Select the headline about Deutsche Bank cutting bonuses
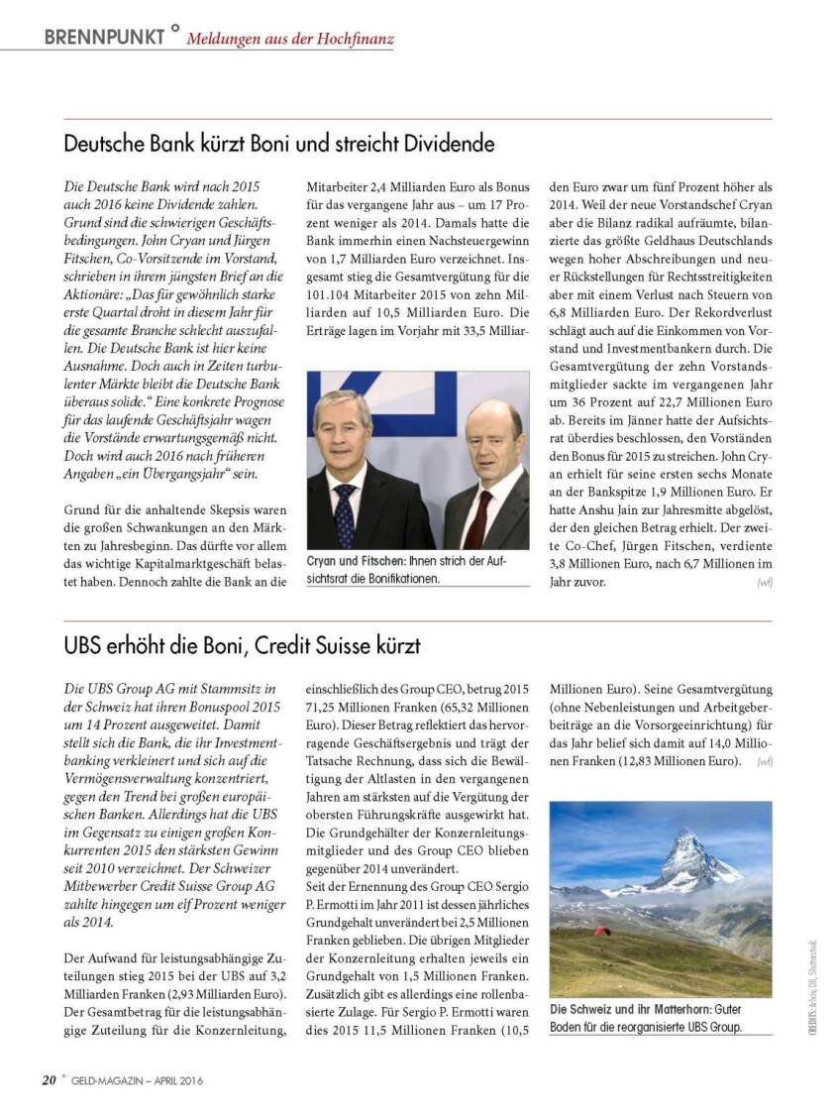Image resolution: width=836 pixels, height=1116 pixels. point(278,144)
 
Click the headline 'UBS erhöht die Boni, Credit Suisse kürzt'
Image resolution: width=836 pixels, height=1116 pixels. point(242,645)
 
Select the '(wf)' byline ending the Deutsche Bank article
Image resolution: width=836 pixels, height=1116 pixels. point(764,583)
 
